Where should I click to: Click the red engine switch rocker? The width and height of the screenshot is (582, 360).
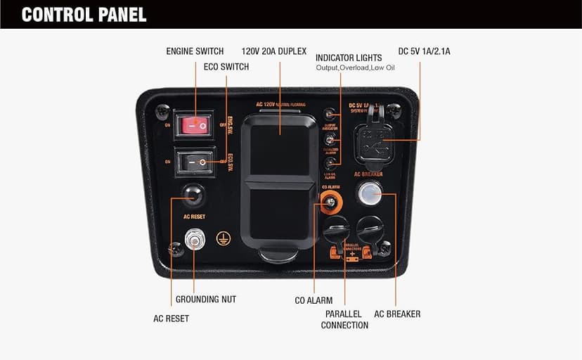coord(194,126)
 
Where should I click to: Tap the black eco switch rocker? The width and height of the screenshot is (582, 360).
coord(194,162)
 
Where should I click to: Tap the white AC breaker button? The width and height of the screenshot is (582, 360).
coord(368,193)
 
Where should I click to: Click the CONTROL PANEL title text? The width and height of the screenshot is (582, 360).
coord(84,14)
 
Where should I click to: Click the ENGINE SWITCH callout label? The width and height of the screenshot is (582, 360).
coord(195,51)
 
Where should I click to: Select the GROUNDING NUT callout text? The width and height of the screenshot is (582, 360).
coord(206,300)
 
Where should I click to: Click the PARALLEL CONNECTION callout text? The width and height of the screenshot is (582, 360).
coord(344,319)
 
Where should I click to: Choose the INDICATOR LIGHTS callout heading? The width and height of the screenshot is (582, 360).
coord(349,58)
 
